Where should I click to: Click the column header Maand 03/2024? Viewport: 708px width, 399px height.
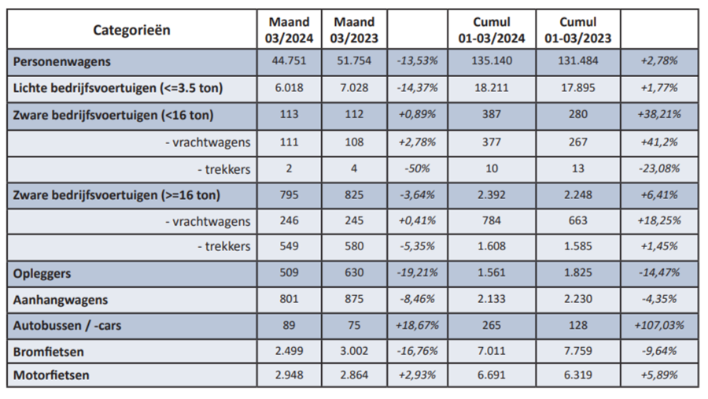[x=288, y=30]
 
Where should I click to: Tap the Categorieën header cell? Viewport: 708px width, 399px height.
[x=131, y=30]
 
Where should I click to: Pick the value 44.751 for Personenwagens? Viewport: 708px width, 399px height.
[x=288, y=61]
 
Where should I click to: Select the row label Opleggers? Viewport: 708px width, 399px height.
[x=42, y=272]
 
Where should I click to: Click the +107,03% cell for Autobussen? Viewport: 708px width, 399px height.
[x=659, y=324]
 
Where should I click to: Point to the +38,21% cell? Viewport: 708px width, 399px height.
[x=659, y=114]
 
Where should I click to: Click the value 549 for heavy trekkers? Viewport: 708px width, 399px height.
[x=288, y=246]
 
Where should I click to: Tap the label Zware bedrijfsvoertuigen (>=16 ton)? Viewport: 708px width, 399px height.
[x=116, y=194]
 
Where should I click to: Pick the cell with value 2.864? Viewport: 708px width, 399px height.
[x=353, y=375]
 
